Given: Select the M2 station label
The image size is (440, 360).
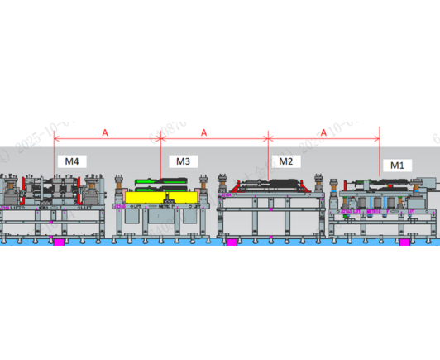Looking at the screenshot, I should [x=285, y=161].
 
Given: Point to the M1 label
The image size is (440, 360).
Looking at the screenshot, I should [x=397, y=165].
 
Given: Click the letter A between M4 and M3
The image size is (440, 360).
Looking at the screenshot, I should [x=104, y=131].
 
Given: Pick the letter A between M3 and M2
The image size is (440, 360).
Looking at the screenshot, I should [x=203, y=131].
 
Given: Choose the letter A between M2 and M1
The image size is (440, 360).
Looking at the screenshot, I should [x=323, y=131].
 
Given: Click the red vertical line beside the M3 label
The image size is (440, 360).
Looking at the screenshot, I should [x=160, y=157].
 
